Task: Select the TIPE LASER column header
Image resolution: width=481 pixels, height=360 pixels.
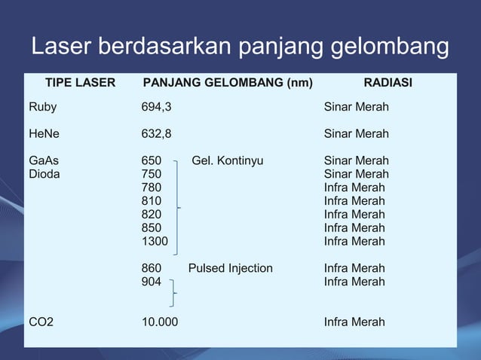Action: tap(81, 83)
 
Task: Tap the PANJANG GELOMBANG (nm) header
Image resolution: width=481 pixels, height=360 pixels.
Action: tap(228, 83)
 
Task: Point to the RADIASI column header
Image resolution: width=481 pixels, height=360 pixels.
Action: tap(388, 83)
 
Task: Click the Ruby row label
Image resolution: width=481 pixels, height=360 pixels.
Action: tap(42, 108)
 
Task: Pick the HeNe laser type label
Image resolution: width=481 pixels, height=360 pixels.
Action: tap(44, 134)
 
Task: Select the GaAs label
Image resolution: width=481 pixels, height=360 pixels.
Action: tap(44, 160)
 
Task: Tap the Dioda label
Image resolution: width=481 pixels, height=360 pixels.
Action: tap(44, 174)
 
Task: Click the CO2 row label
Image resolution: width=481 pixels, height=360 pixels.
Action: tap(41, 322)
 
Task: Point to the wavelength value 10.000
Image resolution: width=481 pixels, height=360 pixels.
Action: tap(161, 322)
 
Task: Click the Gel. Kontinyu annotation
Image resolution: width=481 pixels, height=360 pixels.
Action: tap(228, 160)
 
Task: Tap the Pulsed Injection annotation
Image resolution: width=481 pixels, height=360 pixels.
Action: tap(231, 268)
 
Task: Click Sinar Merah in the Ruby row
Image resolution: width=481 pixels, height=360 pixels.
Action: tap(357, 107)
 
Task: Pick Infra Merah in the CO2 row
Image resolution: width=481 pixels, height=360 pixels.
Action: tap(354, 322)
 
